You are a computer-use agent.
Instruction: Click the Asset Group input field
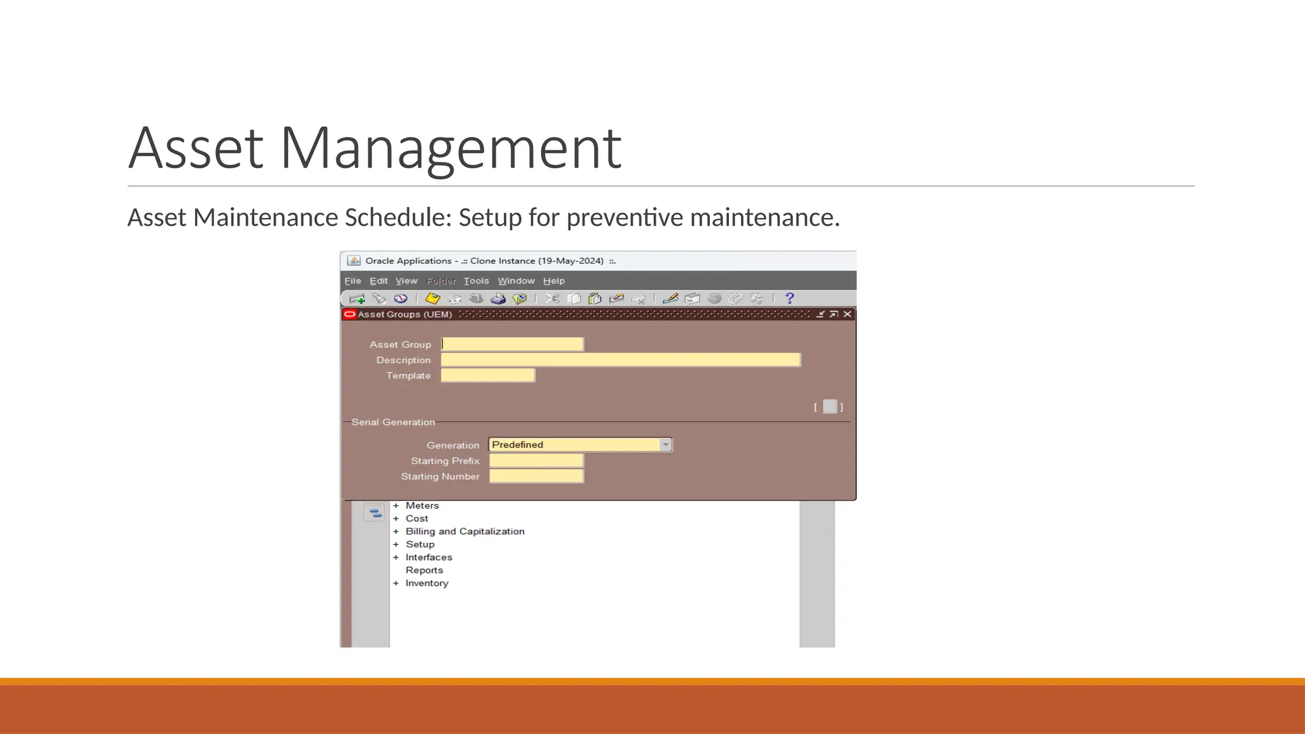coord(512,344)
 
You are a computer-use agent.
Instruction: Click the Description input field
coord(620,360)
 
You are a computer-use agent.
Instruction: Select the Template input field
coord(487,375)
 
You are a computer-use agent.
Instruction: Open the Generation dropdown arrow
coord(665,445)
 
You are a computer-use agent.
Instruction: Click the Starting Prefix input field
coord(536,461)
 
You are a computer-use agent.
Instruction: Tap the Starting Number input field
coord(536,476)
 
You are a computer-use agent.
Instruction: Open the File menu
coord(352,281)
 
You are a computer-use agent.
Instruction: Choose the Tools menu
coord(476,281)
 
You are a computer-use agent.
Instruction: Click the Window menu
coord(516,281)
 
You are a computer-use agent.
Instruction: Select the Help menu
coord(554,281)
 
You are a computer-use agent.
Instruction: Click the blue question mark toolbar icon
coord(789,298)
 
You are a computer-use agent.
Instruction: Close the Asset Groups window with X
coord(847,314)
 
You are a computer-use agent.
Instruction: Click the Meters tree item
coord(422,505)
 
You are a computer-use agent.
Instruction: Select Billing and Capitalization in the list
coord(465,531)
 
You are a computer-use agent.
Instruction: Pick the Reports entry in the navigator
coord(424,570)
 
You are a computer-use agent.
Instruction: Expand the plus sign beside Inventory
coord(396,583)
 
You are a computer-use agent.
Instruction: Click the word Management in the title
coord(451,148)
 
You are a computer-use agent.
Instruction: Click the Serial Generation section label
coord(393,422)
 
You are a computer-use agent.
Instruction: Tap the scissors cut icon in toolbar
coord(552,298)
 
